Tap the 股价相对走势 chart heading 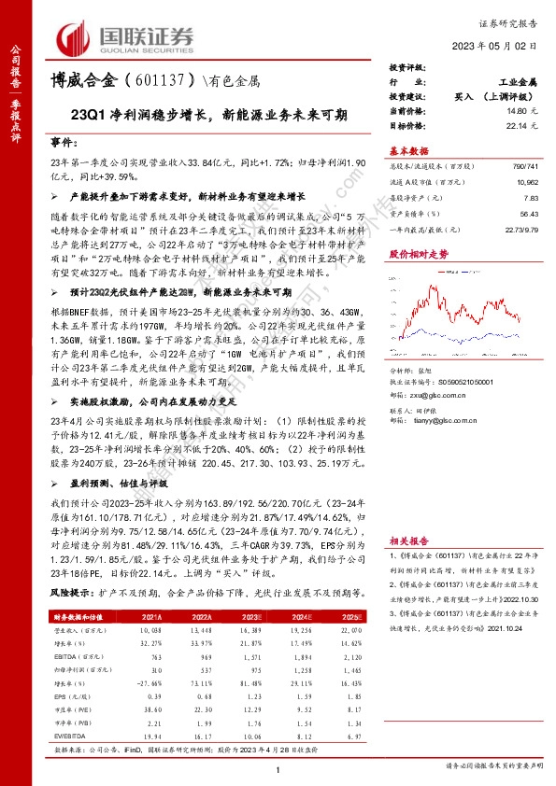click(x=417, y=253)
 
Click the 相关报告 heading click(x=407, y=540)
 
